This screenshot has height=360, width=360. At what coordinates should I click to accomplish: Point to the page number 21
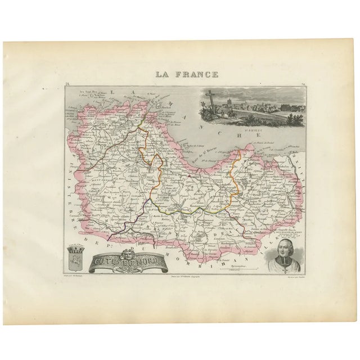67,84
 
